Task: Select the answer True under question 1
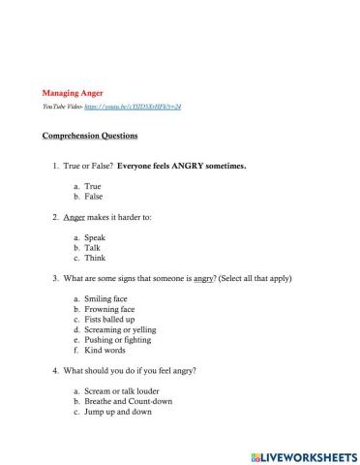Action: click(93, 185)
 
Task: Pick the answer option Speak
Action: click(95, 237)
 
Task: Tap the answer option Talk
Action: click(93, 248)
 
